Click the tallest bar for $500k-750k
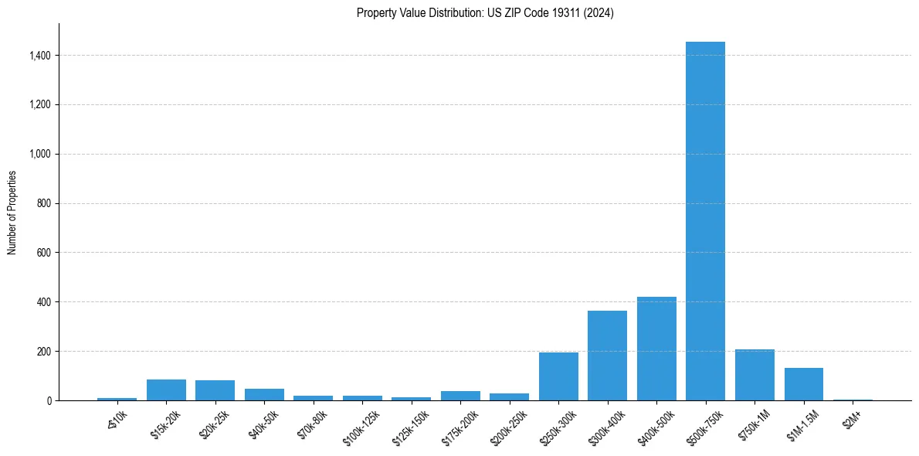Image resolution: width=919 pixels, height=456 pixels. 705,221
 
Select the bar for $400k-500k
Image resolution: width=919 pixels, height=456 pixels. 656,349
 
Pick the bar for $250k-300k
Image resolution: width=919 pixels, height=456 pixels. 558,376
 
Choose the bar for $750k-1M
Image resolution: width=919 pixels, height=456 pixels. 755,375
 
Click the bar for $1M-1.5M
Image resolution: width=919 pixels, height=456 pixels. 803,384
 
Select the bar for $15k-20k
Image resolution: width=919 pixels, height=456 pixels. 166,390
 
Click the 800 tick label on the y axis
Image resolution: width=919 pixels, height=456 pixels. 44,203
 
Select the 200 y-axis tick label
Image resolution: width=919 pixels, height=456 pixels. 44,351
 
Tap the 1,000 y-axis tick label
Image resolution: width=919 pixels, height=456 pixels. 39,154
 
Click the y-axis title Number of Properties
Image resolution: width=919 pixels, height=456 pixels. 12,212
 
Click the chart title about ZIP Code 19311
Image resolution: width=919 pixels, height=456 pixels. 485,13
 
